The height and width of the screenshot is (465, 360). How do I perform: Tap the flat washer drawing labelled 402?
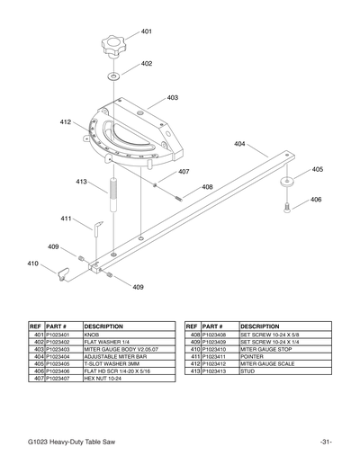(115, 76)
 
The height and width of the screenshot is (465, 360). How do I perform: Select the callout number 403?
(172, 97)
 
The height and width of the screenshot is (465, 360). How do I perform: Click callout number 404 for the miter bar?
(239, 144)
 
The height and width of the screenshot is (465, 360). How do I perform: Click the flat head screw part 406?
(288, 208)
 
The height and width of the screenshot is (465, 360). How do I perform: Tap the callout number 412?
(66, 121)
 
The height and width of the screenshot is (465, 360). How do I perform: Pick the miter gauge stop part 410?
(65, 272)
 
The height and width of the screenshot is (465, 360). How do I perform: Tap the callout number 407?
(183, 171)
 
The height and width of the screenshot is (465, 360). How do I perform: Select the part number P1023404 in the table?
(62, 355)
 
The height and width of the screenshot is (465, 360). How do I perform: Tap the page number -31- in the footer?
(326, 440)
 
